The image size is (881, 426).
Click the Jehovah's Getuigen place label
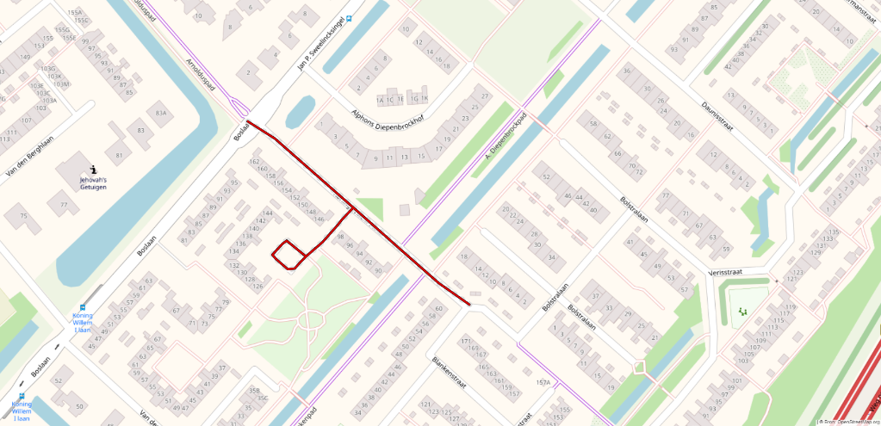pyautogui.click(x=93, y=182)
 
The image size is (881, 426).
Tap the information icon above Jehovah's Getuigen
pyautogui.click(x=93, y=169)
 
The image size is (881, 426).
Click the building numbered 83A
pyautogui.click(x=161, y=113)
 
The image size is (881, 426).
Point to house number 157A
pyautogui.click(x=543, y=382)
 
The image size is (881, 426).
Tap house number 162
pyautogui.click(x=253, y=162)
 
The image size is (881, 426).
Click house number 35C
pyautogui.click(x=263, y=398)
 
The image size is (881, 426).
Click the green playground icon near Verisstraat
pyautogui.click(x=740, y=311)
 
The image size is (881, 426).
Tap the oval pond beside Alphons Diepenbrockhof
pyautogui.click(x=301, y=110)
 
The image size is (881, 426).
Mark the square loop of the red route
pyautogui.click(x=289, y=254)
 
